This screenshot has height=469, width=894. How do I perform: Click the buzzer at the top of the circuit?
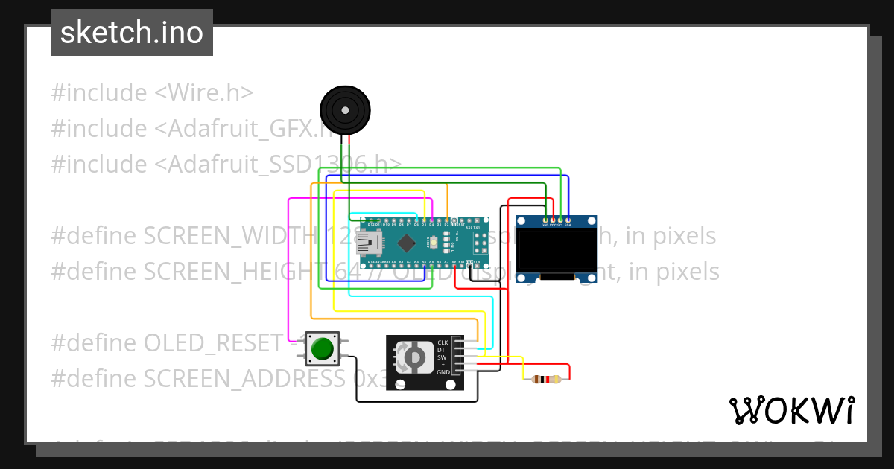pos(346,110)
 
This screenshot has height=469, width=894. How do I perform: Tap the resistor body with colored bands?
pos(547,380)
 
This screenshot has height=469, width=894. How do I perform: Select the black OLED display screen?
pos(557,251)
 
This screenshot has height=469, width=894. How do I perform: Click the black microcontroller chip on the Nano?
pos(406,243)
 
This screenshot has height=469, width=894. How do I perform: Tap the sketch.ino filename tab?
pos(132,33)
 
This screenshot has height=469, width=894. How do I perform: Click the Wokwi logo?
pos(791,410)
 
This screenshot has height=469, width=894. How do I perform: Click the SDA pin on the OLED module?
pos(568,220)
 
